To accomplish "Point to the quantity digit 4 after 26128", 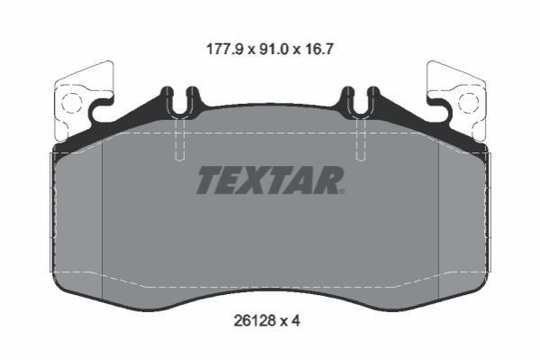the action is click(x=296, y=321).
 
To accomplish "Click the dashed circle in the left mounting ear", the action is click(x=72, y=103).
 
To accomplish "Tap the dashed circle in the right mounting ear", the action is click(x=469, y=103).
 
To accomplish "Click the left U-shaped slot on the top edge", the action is click(x=179, y=101).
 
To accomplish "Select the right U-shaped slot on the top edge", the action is click(x=361, y=101).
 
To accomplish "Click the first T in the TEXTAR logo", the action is click(x=210, y=180).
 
